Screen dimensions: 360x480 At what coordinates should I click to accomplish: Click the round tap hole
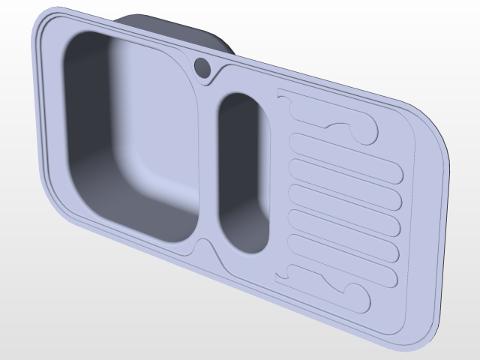(x=202, y=67)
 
